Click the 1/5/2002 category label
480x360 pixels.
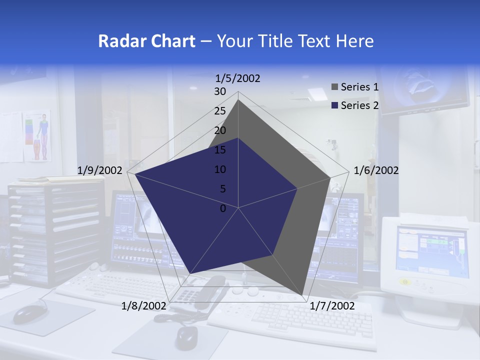238,78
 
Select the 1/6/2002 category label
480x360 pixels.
376,170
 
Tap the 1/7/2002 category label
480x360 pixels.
332,305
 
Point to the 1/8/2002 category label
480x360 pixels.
144,305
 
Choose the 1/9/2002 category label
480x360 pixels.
100,170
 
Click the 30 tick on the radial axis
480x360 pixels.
220,91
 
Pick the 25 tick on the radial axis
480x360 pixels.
220,111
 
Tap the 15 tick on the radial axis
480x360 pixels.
220,150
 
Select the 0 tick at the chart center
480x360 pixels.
223,208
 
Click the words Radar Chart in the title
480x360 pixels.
146,41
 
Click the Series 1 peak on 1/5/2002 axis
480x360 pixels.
238,99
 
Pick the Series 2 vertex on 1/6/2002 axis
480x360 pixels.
297,188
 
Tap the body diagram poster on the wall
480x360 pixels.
38,135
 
